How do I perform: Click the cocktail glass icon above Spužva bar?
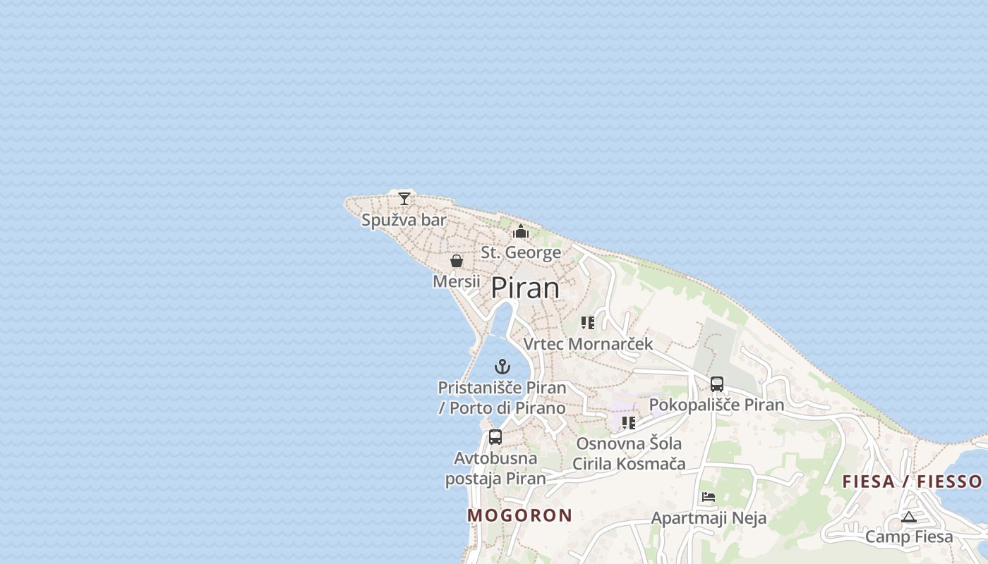[404, 199]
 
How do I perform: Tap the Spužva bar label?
[404, 220]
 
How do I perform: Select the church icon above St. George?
[521, 231]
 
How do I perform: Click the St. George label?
[521, 252]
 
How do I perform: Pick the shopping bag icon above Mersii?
[457, 261]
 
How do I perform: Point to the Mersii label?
[456, 281]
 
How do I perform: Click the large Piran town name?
[525, 288]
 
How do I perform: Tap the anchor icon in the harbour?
[502, 367]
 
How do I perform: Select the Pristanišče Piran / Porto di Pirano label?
[502, 398]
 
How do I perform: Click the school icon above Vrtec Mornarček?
[588, 323]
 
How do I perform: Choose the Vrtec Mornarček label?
[588, 344]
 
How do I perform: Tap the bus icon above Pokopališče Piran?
[717, 384]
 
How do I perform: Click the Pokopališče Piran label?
[716, 405]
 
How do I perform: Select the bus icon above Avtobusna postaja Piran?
[495, 437]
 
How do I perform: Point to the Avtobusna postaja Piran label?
[495, 468]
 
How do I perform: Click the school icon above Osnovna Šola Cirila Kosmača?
[629, 423]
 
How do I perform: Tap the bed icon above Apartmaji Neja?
[709, 497]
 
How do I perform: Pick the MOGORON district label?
[519, 515]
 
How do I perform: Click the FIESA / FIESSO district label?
[912, 482]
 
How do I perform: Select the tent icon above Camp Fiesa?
[909, 517]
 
